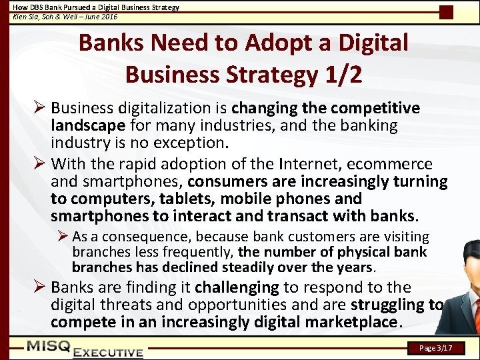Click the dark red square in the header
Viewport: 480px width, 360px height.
click(446, 12)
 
